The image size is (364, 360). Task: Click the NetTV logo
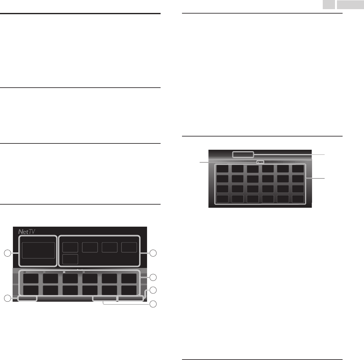click(27, 232)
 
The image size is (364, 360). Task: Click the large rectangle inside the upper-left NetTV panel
click(38, 250)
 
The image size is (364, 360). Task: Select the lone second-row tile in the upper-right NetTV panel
click(70, 259)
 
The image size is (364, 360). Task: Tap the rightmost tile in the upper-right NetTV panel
click(129, 247)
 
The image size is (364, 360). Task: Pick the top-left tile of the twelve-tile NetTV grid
click(31, 278)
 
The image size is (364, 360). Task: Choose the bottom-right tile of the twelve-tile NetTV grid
click(129, 290)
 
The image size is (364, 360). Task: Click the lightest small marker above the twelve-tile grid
click(64, 272)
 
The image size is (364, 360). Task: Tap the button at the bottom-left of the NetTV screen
click(27, 298)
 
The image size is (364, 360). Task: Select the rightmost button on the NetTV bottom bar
click(130, 298)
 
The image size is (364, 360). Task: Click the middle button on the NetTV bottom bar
click(105, 298)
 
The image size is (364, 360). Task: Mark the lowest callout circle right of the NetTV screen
click(153, 304)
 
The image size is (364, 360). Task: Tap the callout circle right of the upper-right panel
click(153, 253)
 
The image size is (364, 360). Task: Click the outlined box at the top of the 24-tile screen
click(243, 154)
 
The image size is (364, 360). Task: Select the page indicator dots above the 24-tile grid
click(260, 162)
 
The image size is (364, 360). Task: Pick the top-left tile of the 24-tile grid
click(223, 168)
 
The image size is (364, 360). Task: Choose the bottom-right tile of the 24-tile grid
click(298, 199)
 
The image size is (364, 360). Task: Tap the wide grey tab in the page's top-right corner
click(350, 4)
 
